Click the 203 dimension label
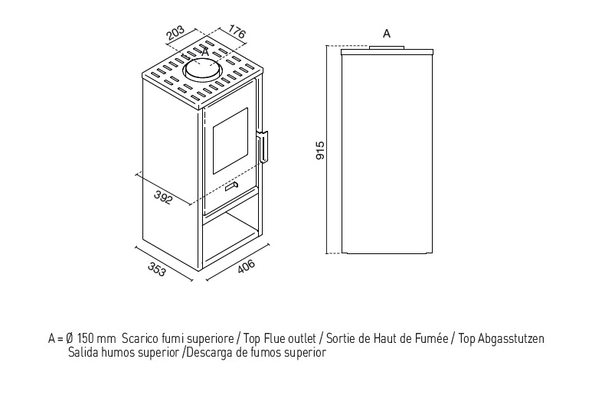[x=176, y=33]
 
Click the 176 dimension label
[x=237, y=31]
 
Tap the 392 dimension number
[x=162, y=197]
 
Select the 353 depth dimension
[x=156, y=269]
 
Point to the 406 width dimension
[x=246, y=266]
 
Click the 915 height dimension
[x=320, y=151]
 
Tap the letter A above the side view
[x=387, y=34]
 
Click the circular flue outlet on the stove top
[x=203, y=70]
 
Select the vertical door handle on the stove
[x=263, y=146]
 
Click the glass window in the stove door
[x=231, y=141]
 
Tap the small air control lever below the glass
[x=232, y=187]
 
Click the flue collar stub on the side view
[x=387, y=47]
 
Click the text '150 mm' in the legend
[x=96, y=338]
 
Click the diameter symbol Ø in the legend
[x=70, y=338]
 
